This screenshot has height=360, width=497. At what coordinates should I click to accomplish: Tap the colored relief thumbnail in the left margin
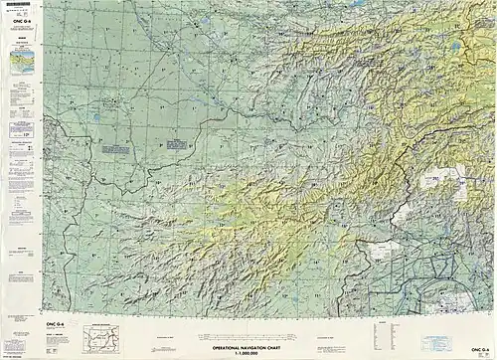click(x=18, y=63)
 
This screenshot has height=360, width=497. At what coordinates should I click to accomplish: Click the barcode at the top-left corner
click(x=15, y=7)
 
